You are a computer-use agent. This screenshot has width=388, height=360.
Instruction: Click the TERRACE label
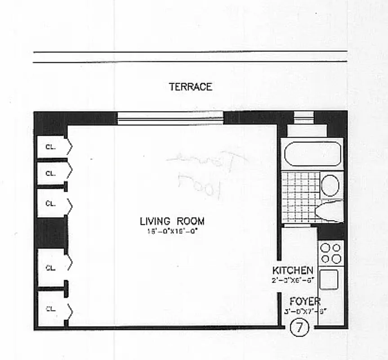[x=190, y=87]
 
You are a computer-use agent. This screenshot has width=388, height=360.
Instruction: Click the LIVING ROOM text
[x=172, y=221]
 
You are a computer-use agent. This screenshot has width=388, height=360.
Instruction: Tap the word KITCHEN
[x=293, y=270]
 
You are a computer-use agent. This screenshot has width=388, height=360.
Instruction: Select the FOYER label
[x=305, y=301]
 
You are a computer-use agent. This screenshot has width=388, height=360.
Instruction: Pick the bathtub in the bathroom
[x=312, y=154]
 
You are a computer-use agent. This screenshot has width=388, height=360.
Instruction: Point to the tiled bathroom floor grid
[x=300, y=197]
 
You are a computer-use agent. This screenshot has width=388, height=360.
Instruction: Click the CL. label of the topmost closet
[x=50, y=147]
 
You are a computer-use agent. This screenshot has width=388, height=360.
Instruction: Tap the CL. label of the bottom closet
[x=50, y=309]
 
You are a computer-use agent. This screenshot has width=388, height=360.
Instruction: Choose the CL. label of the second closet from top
[x=50, y=173]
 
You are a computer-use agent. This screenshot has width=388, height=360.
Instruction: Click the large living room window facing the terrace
[x=170, y=118]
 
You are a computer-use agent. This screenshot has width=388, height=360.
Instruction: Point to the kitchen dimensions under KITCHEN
[x=293, y=279]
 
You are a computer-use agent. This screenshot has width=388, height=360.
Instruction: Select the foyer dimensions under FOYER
[x=304, y=310]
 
